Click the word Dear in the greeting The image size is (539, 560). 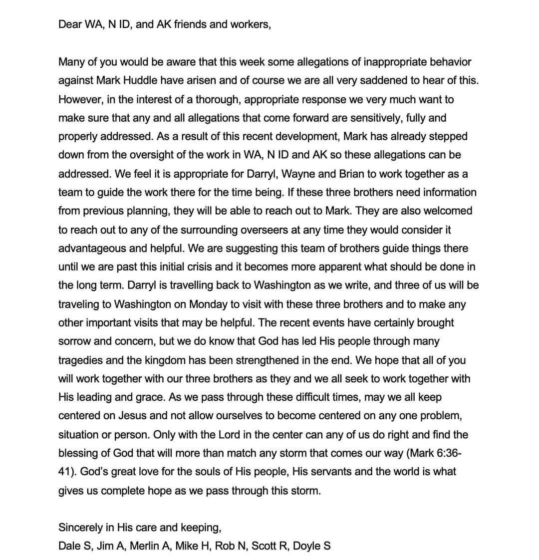point(69,24)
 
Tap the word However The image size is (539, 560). point(80,99)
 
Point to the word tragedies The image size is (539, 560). point(81,360)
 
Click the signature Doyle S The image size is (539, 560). point(311,546)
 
